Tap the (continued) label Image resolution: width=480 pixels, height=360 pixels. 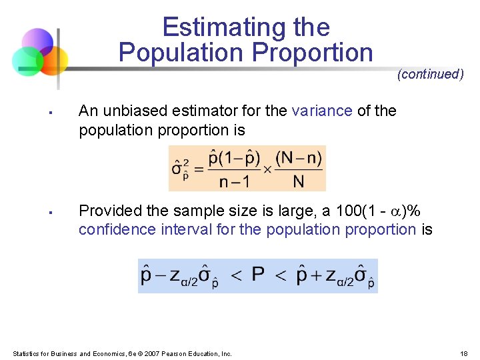click(430, 74)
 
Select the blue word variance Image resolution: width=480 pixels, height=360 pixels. click(322, 111)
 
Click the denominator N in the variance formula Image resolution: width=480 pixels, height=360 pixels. click(298, 181)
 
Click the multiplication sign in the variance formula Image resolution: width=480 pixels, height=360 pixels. click(267, 169)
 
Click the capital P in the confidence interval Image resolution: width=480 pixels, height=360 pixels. click(258, 275)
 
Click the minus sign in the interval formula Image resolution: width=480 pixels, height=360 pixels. click(159, 275)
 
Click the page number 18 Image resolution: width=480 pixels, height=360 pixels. click(464, 353)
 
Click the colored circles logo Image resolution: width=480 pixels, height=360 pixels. click(39, 53)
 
